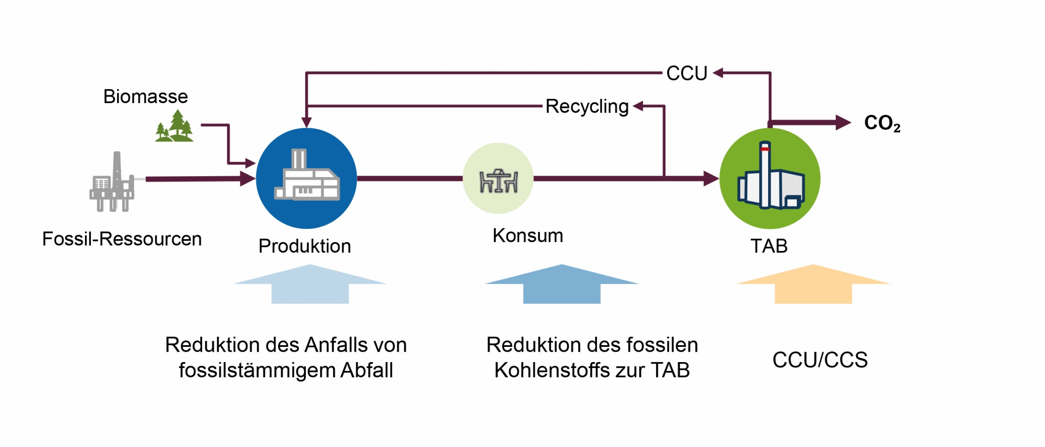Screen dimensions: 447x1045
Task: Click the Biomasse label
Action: [145, 97]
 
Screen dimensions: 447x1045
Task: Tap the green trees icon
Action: [175, 127]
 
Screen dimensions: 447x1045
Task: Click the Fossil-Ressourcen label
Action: [122, 239]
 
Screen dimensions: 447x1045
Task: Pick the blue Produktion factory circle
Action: [307, 178]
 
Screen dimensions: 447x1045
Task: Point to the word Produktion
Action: [305, 246]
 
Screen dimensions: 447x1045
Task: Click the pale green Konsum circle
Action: [498, 178]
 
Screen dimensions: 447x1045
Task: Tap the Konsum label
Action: [528, 236]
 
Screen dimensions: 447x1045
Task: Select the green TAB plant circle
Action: [770, 178]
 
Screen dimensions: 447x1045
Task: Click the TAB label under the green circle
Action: [769, 246]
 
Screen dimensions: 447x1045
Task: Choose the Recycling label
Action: [587, 107]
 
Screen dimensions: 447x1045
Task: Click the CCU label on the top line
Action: [687, 74]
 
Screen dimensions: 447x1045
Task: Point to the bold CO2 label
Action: [882, 123]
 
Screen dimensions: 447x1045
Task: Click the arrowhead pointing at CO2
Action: [843, 123]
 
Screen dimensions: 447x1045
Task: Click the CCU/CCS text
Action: [820, 360]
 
